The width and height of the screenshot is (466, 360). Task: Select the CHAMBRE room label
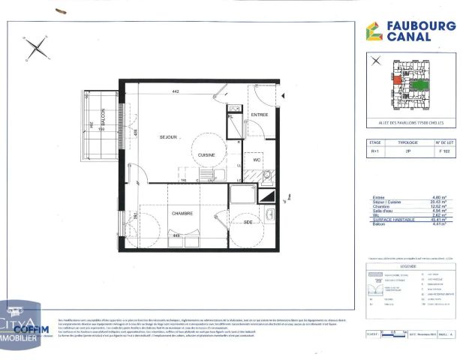click(x=180, y=213)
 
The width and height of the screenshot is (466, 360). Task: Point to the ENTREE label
click(x=260, y=115)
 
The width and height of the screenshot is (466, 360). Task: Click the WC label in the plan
click(x=256, y=159)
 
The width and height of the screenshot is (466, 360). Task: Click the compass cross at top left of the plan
click(x=35, y=50)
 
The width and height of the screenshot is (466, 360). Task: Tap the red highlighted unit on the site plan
click(x=395, y=80)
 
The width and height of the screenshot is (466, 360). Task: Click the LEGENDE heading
click(x=410, y=265)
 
